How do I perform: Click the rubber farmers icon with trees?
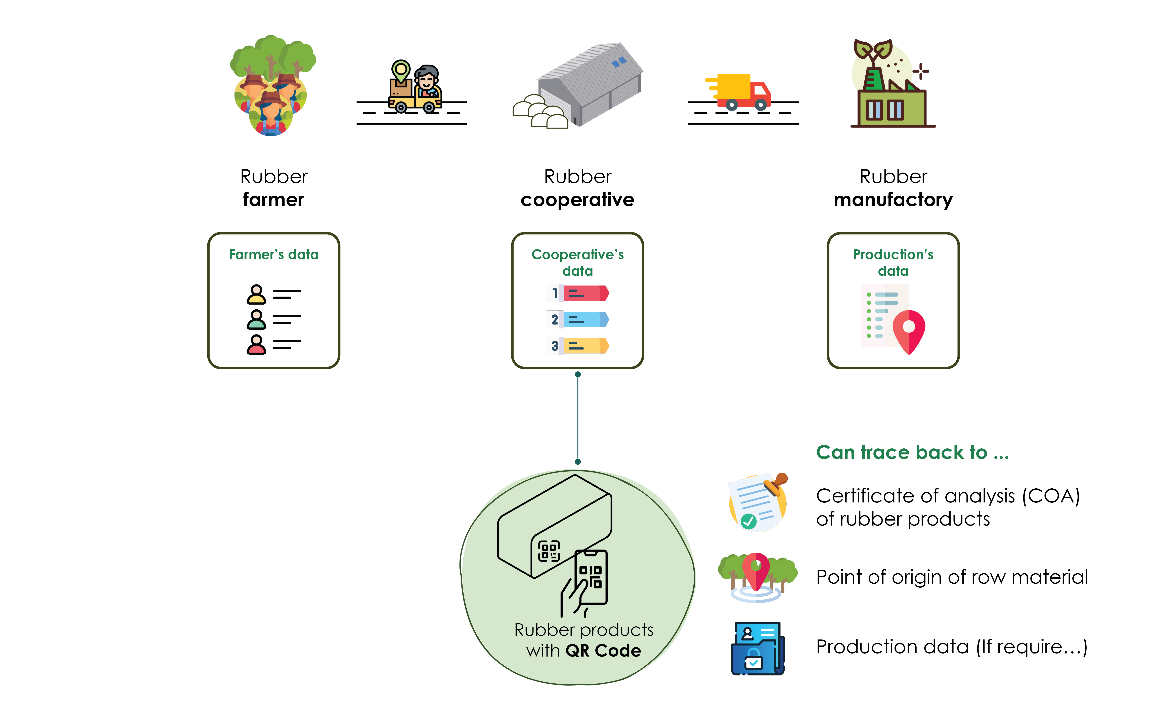coord(272,86)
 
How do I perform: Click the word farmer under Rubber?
coord(273,200)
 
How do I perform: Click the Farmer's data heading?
coord(273,255)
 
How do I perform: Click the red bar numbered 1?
coord(585,293)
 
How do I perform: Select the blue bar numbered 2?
coord(585,320)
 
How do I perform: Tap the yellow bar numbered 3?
coord(585,346)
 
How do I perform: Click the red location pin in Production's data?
coord(909,330)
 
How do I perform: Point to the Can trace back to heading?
coord(912,452)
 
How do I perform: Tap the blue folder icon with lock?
coord(757,648)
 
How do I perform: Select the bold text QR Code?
coord(603,651)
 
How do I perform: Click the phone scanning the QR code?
coord(591,576)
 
